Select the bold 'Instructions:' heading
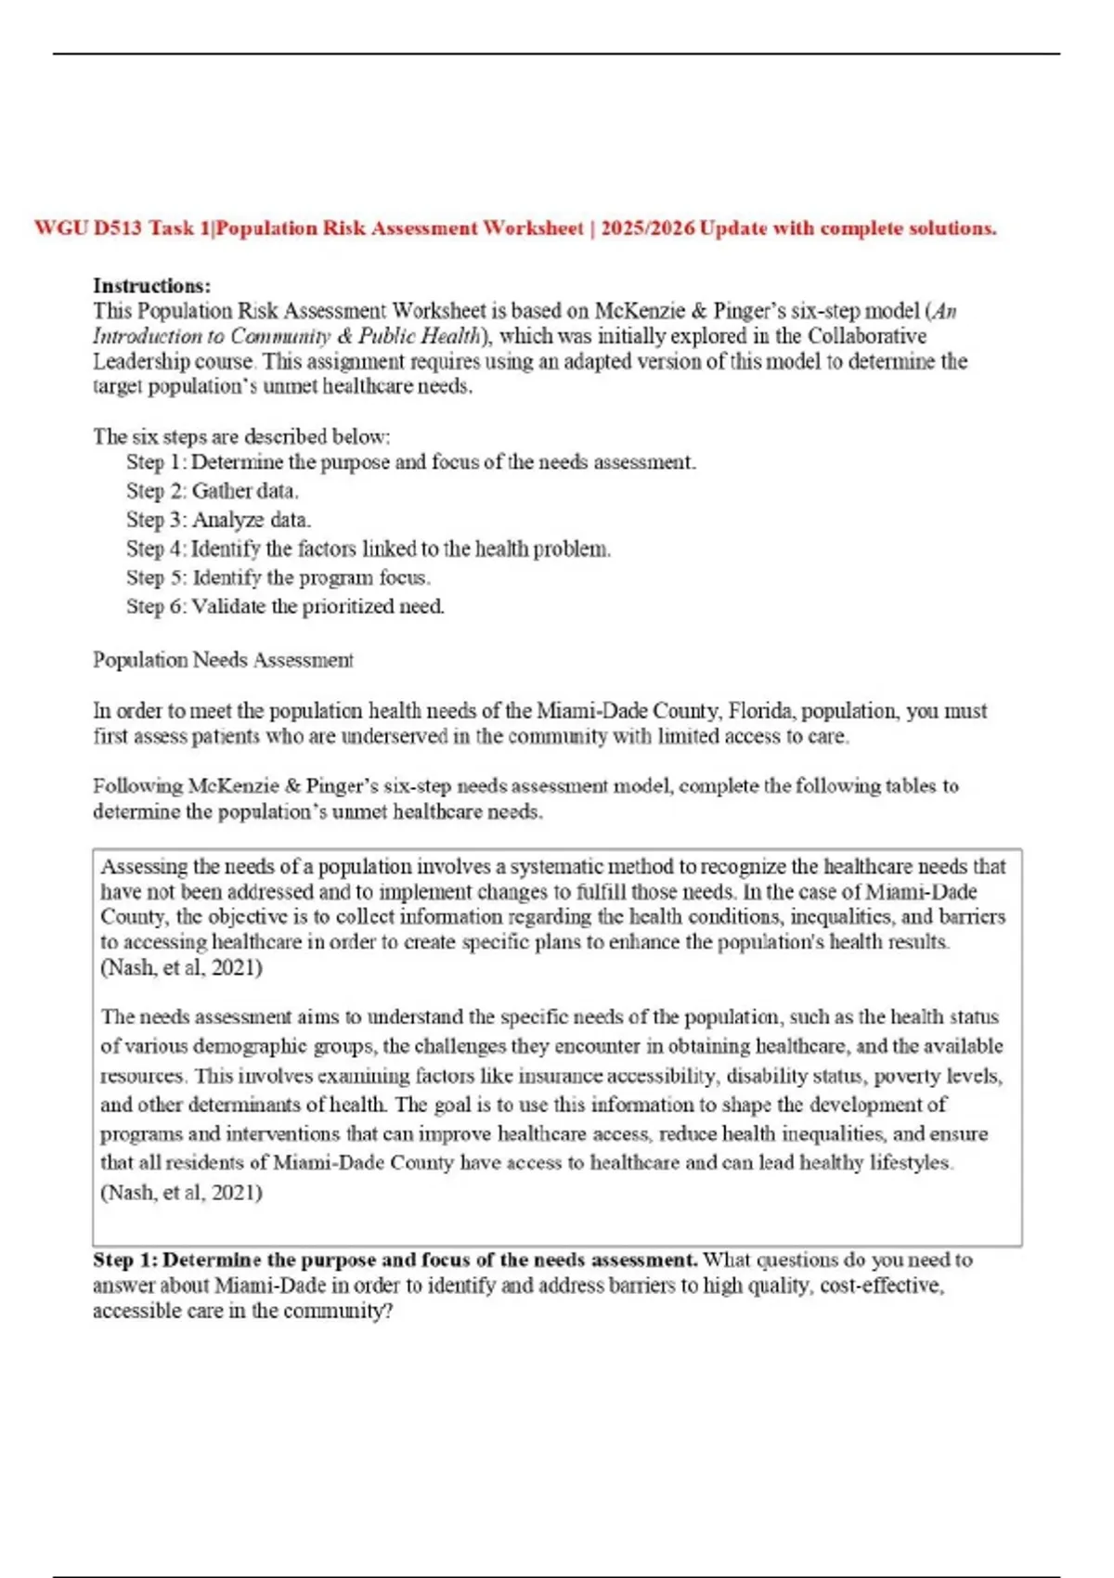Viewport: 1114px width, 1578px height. (x=151, y=286)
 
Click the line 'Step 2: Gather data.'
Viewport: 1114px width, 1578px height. (x=213, y=491)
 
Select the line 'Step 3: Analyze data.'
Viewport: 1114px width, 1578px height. (x=218, y=520)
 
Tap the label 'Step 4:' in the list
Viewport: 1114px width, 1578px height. (x=156, y=549)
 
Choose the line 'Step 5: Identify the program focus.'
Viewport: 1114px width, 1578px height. (x=278, y=577)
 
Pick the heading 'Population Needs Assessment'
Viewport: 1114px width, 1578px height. (x=223, y=660)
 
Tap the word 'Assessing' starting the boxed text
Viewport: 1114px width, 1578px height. (x=144, y=867)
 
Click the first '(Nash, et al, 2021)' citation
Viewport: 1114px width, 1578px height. (x=181, y=967)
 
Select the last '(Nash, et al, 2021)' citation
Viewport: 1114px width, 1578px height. (x=181, y=1192)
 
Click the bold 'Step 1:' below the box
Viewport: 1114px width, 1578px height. (x=125, y=1261)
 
